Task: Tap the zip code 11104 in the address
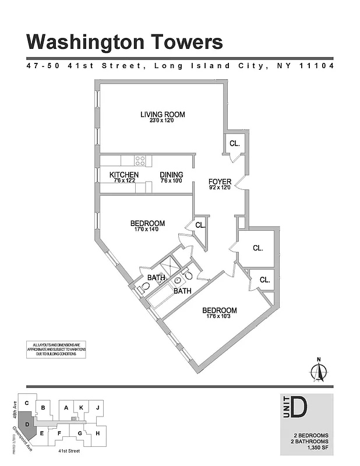316,66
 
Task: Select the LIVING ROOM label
162,114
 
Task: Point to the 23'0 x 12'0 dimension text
162,121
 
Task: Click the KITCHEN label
124,175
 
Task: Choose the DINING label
171,175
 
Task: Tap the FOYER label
220,181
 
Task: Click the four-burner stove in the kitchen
140,160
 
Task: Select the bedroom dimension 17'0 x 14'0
147,230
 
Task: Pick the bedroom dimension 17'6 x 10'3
219,317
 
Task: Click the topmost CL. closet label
235,143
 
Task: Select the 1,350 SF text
315,447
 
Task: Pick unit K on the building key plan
82,408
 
